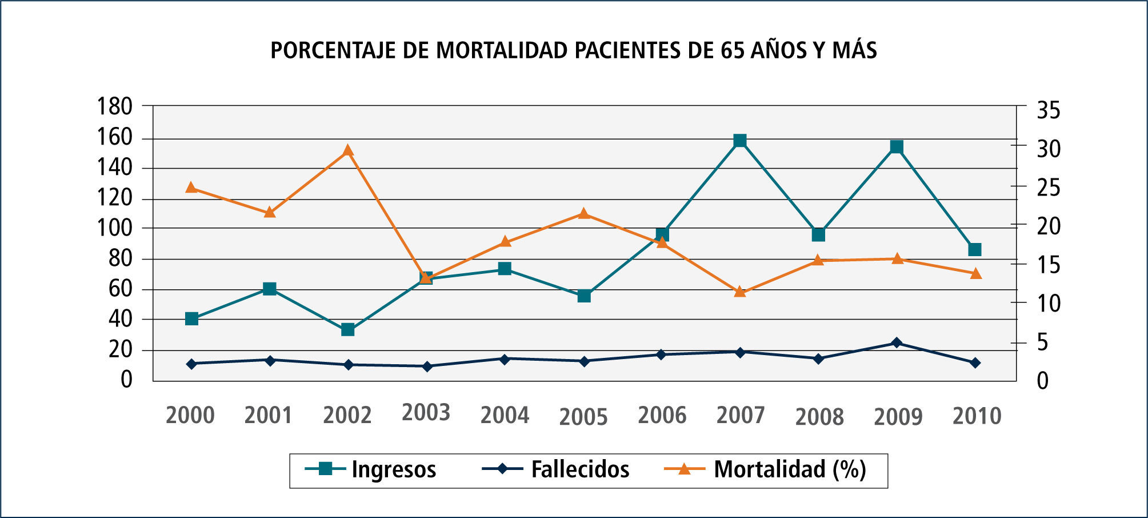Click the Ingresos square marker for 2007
(x=740, y=141)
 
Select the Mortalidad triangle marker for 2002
(x=347, y=151)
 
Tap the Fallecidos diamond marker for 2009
(x=897, y=343)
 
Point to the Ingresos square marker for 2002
(x=347, y=329)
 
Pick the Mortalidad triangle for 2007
(x=740, y=292)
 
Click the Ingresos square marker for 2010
(x=975, y=249)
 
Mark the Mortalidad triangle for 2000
(x=191, y=188)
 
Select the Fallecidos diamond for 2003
(x=426, y=366)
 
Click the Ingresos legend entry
(x=393, y=469)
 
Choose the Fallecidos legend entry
(x=579, y=469)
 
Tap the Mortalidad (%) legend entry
(x=790, y=469)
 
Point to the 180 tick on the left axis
(x=115, y=106)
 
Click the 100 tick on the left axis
(x=115, y=228)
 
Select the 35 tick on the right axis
(x=1048, y=110)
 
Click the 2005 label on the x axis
(x=583, y=417)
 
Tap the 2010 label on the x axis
(x=977, y=416)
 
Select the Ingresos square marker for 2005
(x=583, y=296)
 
